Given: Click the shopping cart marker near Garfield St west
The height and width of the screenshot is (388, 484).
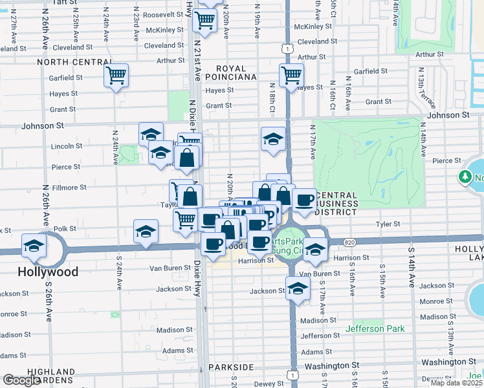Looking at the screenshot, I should (116, 76).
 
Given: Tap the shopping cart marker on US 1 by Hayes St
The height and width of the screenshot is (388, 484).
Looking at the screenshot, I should (291, 75).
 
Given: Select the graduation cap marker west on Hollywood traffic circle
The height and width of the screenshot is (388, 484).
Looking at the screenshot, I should (34, 246).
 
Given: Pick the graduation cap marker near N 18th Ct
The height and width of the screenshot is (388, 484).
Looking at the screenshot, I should (273, 138).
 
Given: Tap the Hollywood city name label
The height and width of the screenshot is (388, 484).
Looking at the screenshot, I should (49, 272).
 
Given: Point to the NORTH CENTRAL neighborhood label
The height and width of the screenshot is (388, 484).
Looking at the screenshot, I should (75, 62).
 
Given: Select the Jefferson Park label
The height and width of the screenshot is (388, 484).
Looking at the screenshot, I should (375, 329).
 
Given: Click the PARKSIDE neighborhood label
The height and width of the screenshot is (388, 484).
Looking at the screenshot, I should (231, 367).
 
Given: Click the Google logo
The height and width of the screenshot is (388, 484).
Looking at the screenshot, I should (21, 381).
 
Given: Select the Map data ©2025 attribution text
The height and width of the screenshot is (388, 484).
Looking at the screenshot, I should (456, 383).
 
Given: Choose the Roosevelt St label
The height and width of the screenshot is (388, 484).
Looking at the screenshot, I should (164, 14).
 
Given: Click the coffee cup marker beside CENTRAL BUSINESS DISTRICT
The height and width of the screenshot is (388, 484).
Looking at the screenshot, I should (304, 200).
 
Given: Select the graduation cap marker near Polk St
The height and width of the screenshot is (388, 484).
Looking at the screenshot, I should (146, 232).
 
